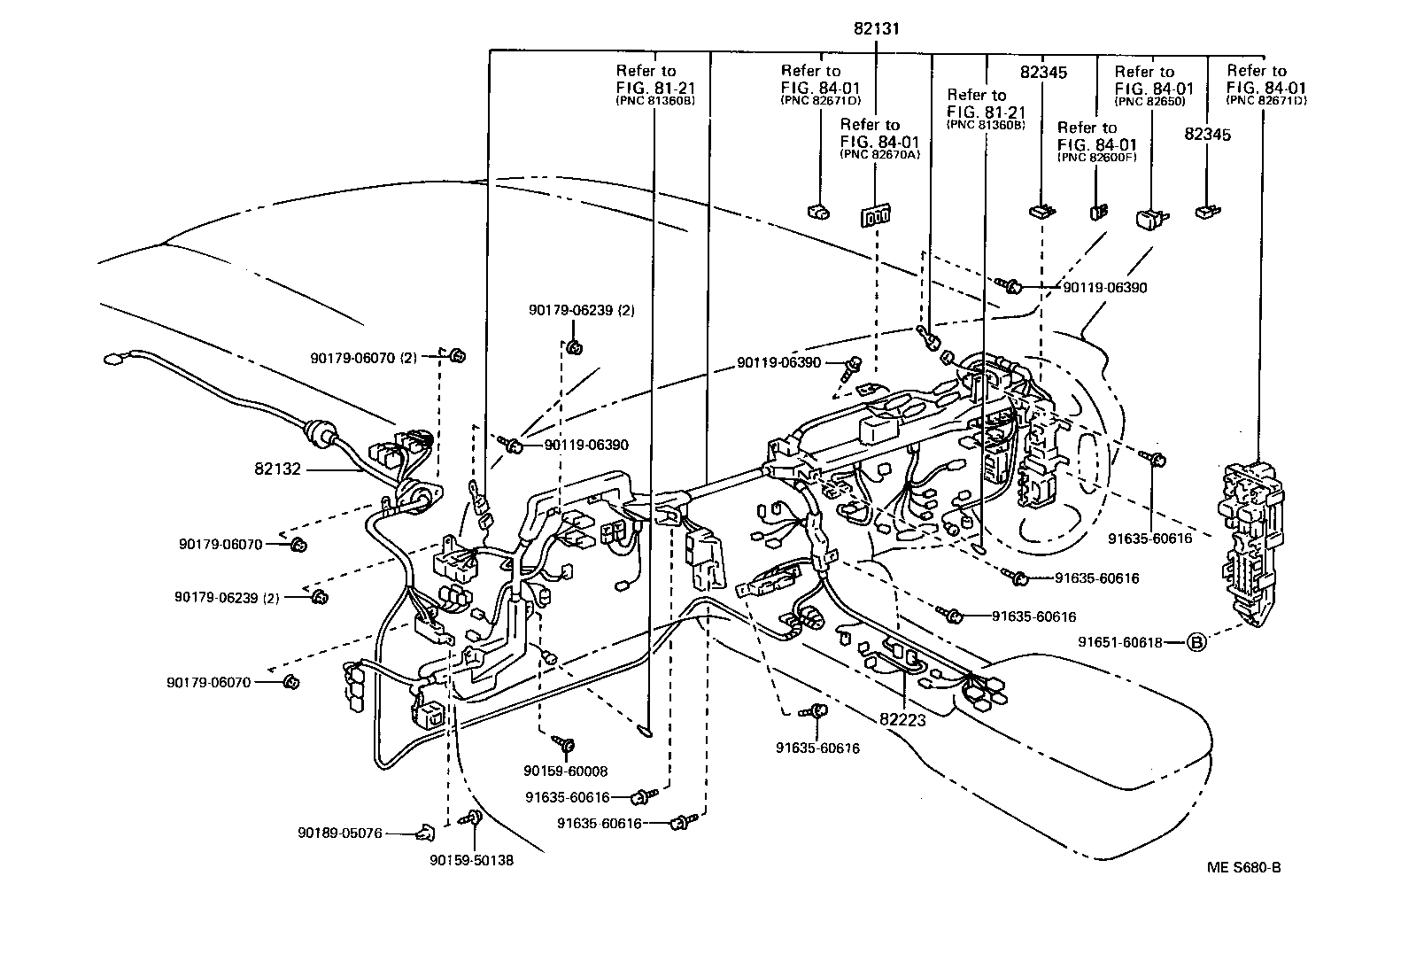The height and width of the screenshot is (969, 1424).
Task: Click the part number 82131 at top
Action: click(x=876, y=28)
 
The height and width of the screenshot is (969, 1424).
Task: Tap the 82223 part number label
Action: click(x=902, y=721)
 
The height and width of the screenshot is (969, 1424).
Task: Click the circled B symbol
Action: click(x=1196, y=642)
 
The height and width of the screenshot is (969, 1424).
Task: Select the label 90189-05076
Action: click(x=339, y=833)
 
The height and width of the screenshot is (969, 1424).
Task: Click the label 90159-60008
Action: click(x=566, y=771)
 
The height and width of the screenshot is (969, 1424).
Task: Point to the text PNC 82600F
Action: click(x=1097, y=158)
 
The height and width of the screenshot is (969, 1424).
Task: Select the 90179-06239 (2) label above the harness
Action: click(x=569, y=310)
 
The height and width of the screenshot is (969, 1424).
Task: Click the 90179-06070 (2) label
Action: click(x=363, y=358)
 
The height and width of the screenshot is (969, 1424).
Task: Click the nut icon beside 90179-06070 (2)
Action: click(x=458, y=356)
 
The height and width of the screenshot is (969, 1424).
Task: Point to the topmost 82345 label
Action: click(x=1042, y=73)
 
